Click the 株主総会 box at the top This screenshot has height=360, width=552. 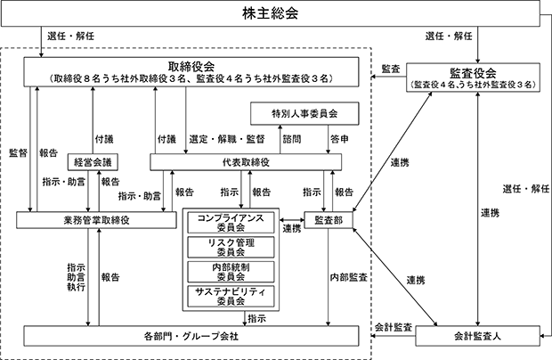(x=270, y=13)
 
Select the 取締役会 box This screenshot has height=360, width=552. (x=191, y=72)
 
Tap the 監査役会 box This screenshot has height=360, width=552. (x=473, y=78)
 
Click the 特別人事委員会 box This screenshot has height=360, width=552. (x=304, y=113)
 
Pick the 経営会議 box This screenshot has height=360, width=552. (x=93, y=162)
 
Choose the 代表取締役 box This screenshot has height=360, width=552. (x=246, y=162)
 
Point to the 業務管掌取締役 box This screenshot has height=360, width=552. (x=96, y=220)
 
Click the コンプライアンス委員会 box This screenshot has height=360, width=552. (x=231, y=223)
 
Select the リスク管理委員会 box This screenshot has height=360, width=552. (x=231, y=248)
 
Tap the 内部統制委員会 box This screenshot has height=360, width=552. (x=231, y=272)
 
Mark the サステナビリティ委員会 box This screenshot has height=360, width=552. (x=231, y=296)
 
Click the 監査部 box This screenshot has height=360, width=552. (x=329, y=220)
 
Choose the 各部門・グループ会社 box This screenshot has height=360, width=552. (x=191, y=336)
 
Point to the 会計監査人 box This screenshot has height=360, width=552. (x=477, y=336)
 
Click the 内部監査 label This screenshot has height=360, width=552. (x=348, y=277)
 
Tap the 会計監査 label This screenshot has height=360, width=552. (x=394, y=327)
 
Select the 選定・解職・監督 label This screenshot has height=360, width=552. (x=227, y=139)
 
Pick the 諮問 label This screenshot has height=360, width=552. (x=292, y=139)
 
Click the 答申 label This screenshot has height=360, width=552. (x=339, y=139)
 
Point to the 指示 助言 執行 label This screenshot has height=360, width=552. (x=76, y=277)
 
